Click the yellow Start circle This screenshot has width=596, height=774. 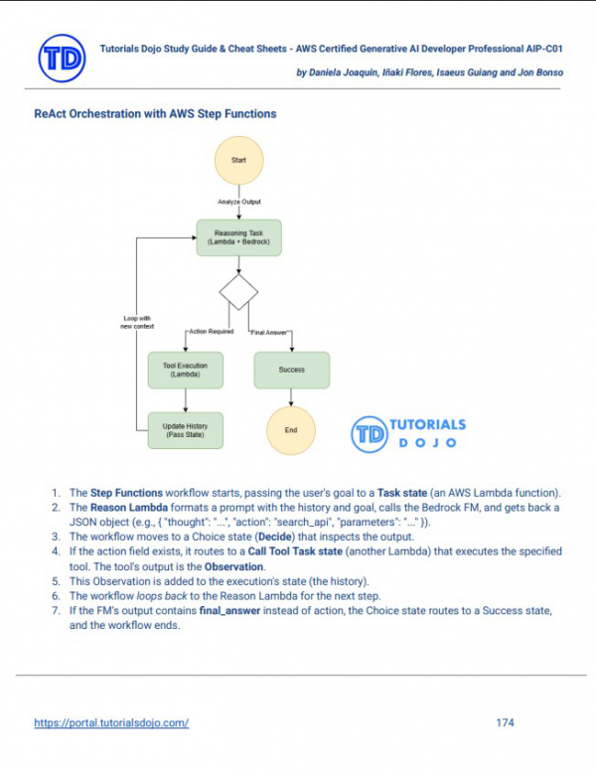pos(238,159)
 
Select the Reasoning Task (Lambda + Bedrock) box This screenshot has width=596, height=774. pos(238,237)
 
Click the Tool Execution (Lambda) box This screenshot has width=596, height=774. pos(185,371)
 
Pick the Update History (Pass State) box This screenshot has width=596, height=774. pos(185,429)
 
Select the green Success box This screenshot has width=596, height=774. pos(291,371)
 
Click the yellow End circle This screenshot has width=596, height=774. pos(291,429)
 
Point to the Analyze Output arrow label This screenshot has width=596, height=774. pos(239,202)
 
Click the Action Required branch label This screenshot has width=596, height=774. pos(210,332)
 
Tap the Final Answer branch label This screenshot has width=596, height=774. pos(270,332)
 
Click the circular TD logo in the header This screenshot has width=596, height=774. pos(63,58)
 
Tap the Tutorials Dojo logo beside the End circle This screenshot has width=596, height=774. pos(407,432)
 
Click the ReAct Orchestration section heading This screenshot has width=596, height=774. pos(155,114)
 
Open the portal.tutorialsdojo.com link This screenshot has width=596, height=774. pos(111,722)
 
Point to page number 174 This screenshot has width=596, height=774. pos(505,722)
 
